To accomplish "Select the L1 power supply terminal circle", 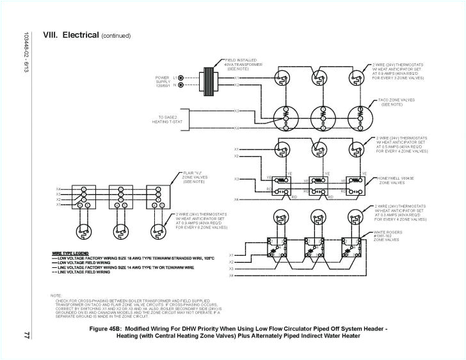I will tap(181, 77).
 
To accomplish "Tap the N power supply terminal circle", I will tap(181, 84).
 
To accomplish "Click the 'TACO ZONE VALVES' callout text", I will tap(392, 102).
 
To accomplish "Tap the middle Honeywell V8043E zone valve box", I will tap(318, 184).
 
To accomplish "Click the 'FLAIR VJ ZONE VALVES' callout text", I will tap(195, 176).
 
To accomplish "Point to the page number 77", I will tap(26, 317).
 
